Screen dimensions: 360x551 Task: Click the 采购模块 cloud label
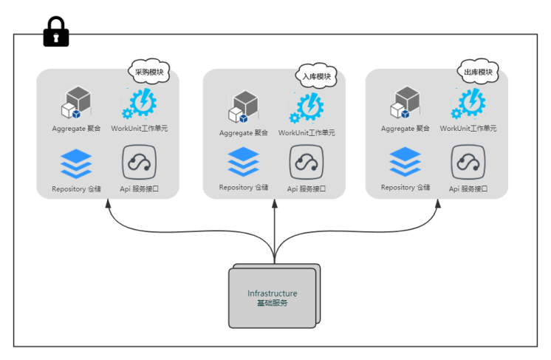pos(149,72)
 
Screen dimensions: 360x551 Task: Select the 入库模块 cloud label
pos(317,76)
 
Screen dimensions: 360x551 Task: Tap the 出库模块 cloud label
pos(479,72)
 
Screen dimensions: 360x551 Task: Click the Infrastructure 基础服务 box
pos(273,297)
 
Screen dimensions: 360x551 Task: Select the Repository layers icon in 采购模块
pos(76,163)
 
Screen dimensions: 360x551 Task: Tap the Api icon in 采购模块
pos(139,163)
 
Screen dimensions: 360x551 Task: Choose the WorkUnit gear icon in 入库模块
pos(306,108)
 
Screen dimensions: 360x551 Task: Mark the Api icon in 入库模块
pos(306,163)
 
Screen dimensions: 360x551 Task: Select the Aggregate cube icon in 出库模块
pos(405,103)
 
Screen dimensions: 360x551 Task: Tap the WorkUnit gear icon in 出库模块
pos(468,103)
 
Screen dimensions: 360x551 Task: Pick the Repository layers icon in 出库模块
pos(405,163)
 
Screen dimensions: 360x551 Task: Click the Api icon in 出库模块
pos(468,163)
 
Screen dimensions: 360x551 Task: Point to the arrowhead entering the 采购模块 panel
pos(109,204)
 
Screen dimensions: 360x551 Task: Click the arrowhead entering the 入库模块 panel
pos(274,204)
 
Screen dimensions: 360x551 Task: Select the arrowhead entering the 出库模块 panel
pos(438,204)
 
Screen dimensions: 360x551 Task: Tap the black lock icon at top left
pos(56,38)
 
